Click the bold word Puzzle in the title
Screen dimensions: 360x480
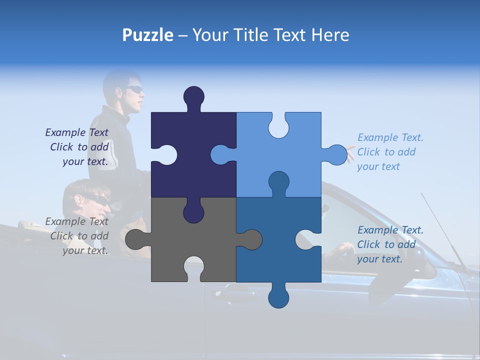pyautogui.click(x=148, y=35)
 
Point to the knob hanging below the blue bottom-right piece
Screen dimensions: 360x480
pyautogui.click(x=278, y=297)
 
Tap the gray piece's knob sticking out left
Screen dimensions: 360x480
pyautogui.click(x=134, y=239)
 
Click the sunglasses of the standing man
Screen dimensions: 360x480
pyautogui.click(x=133, y=90)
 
